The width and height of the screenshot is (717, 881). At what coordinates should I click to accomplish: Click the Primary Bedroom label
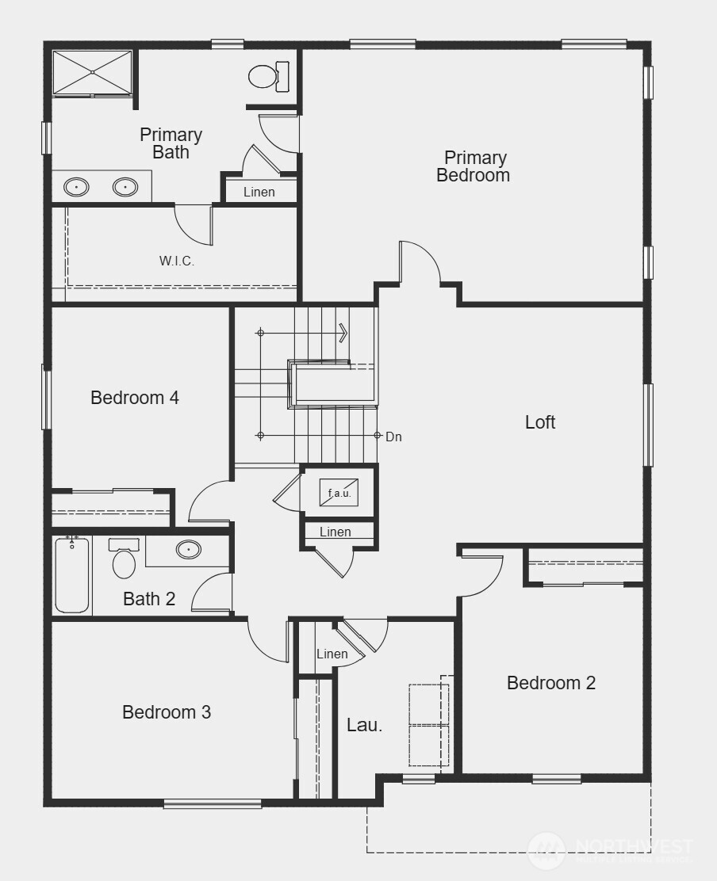(x=474, y=166)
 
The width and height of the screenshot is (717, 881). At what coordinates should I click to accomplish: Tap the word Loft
(x=540, y=422)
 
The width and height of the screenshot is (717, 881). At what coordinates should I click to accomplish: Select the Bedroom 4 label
(x=135, y=398)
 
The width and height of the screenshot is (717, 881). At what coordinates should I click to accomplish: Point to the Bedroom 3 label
(x=167, y=712)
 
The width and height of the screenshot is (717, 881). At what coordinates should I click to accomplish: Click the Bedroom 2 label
(x=551, y=683)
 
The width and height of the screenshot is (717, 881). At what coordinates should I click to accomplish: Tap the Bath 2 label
(x=149, y=599)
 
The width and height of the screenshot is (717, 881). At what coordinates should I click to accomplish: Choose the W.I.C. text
(x=177, y=261)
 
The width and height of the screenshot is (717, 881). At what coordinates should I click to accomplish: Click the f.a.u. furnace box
(x=339, y=493)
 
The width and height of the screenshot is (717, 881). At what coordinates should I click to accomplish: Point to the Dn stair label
(x=393, y=437)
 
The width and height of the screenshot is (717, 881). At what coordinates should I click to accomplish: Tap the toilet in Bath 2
(x=125, y=562)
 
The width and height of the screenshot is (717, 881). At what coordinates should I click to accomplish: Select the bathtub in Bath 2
(x=72, y=576)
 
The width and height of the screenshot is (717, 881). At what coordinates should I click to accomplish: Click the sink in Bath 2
(x=189, y=549)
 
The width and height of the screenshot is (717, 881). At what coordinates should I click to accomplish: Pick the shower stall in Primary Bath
(x=93, y=73)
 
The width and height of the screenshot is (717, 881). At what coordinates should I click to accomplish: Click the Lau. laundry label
(x=365, y=724)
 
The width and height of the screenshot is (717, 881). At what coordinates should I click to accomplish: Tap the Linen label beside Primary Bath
(x=259, y=192)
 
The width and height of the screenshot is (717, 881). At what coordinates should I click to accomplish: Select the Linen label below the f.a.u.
(x=335, y=532)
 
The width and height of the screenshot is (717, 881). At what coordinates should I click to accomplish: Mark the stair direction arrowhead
(x=344, y=333)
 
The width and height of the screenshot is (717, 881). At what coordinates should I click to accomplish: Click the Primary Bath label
(x=171, y=143)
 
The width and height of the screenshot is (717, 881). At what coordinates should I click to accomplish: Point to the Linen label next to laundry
(x=332, y=654)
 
